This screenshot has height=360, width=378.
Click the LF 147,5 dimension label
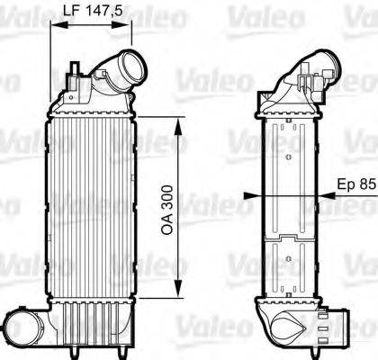(88, 12)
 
